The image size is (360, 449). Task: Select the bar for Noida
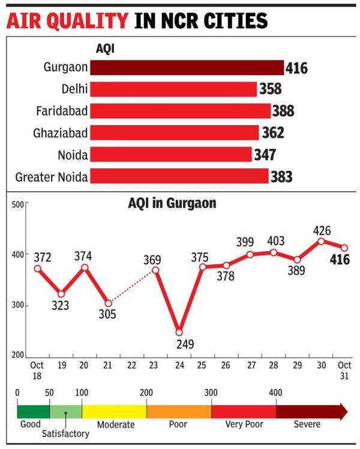coord(171,155)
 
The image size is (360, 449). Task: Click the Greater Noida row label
coord(51,177)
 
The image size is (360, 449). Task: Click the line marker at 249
coord(179,332)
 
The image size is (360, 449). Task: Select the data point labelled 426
coord(321,241)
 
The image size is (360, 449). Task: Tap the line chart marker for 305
coord(109,303)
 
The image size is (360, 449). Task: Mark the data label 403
coord(274,240)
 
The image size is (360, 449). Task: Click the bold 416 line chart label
coord(339,260)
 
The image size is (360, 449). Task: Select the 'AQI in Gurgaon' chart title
coord(172,204)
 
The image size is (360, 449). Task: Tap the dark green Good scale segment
coord(33,411)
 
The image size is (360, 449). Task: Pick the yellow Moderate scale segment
coord(114,411)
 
